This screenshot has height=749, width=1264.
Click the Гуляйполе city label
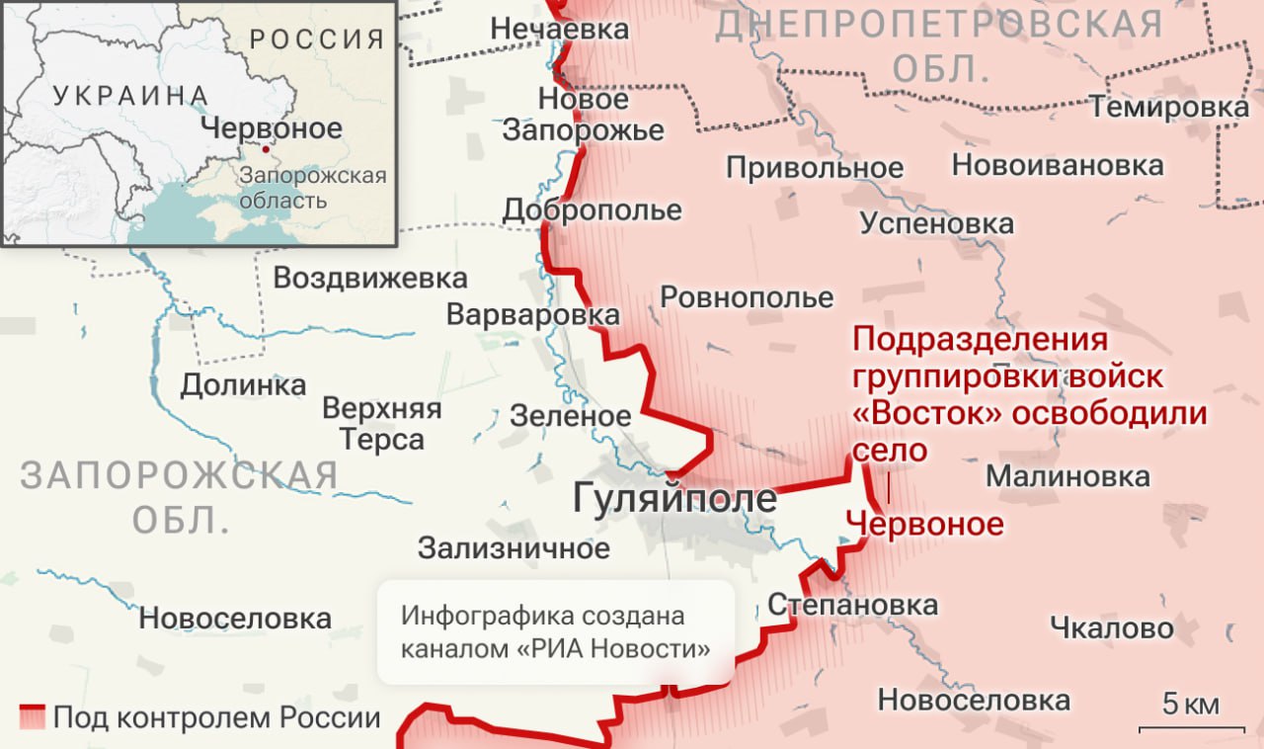click(x=675, y=499)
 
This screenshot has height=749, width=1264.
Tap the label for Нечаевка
click(x=560, y=29)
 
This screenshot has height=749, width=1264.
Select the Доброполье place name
click(x=592, y=209)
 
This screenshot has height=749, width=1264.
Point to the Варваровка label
click(x=533, y=314)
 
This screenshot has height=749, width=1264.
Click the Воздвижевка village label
click(x=369, y=278)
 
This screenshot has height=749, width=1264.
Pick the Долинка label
click(x=243, y=384)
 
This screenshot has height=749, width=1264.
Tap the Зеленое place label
click(x=570, y=416)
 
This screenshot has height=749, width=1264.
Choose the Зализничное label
click(x=513, y=547)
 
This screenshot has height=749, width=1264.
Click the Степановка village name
click(x=852, y=604)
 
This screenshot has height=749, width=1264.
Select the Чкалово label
click(x=1112, y=627)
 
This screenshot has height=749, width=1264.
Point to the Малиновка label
click(x=1067, y=476)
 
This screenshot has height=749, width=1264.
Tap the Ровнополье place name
click(x=747, y=296)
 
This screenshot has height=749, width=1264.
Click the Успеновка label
click(x=936, y=223)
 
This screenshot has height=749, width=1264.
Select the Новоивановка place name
click(x=1058, y=165)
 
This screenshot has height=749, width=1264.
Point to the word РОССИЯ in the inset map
click(x=316, y=40)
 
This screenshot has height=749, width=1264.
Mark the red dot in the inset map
click(x=265, y=150)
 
